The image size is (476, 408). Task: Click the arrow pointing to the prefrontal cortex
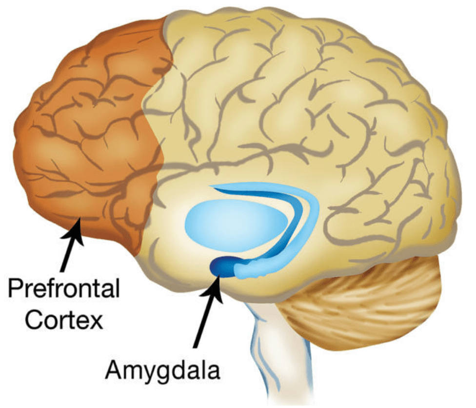[71, 245]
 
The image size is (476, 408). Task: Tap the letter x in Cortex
[97, 321]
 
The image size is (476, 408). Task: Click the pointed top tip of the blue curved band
[214, 187]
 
